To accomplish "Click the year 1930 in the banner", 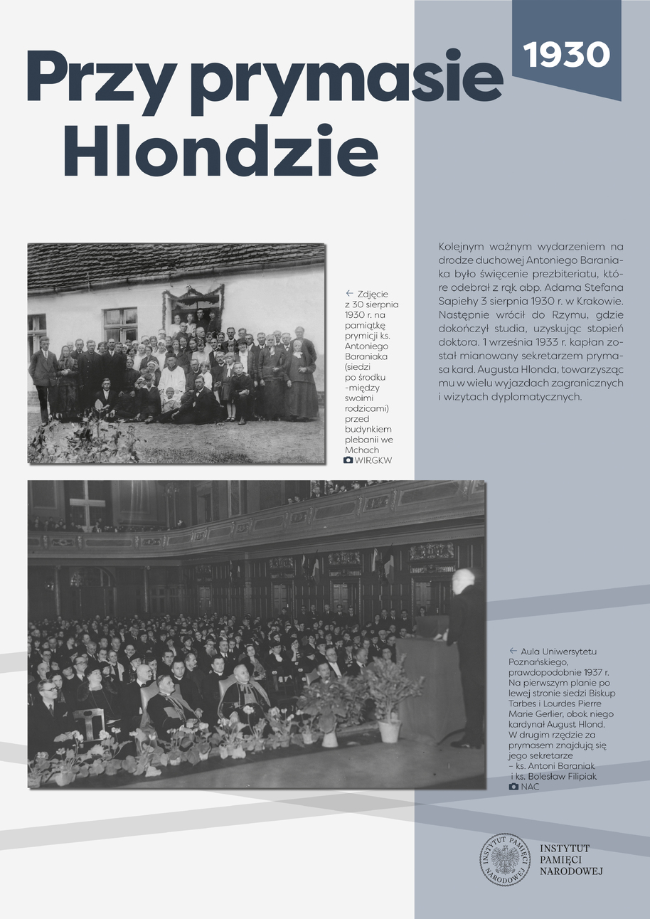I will click(x=567, y=54).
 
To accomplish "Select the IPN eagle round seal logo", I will click(x=505, y=859).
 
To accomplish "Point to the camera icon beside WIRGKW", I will click(x=348, y=461).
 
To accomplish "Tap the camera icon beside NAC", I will click(x=513, y=787).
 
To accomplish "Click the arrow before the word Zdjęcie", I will click(x=349, y=293).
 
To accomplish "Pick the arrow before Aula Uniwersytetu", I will click(x=513, y=651).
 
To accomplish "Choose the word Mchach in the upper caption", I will click(x=361, y=450).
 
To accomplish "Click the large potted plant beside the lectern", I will click(x=388, y=694).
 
